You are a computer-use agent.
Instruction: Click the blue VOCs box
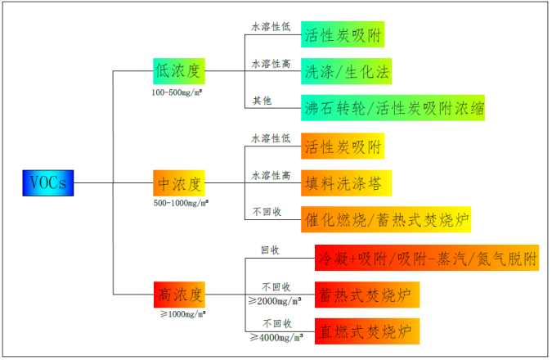point(48,183)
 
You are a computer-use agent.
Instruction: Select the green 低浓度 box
point(179,71)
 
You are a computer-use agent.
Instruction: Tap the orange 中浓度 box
point(179,183)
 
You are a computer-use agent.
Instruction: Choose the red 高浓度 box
point(179,295)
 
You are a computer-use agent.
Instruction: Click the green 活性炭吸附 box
point(343,34)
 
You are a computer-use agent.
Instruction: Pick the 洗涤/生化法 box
point(346,71)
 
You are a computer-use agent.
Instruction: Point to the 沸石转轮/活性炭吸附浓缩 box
point(393,108)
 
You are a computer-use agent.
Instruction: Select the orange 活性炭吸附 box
point(343,146)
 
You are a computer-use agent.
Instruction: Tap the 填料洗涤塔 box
point(346,183)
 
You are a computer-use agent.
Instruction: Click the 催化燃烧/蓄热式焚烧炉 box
point(386,220)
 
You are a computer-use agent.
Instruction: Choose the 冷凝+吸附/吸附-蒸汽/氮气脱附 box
point(427,258)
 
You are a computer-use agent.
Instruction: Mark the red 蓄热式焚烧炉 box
point(367,295)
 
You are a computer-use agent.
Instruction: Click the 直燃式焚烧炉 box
point(367,331)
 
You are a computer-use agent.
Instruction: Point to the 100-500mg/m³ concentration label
point(177,92)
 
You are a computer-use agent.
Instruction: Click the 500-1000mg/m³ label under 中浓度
point(181,203)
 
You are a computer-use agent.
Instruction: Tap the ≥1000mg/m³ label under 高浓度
point(183,314)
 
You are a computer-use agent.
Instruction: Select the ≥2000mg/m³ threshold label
point(275,301)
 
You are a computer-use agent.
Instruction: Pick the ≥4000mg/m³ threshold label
point(276,338)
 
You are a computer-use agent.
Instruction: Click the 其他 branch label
point(263,101)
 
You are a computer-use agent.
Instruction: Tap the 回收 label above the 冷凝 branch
point(270,250)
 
